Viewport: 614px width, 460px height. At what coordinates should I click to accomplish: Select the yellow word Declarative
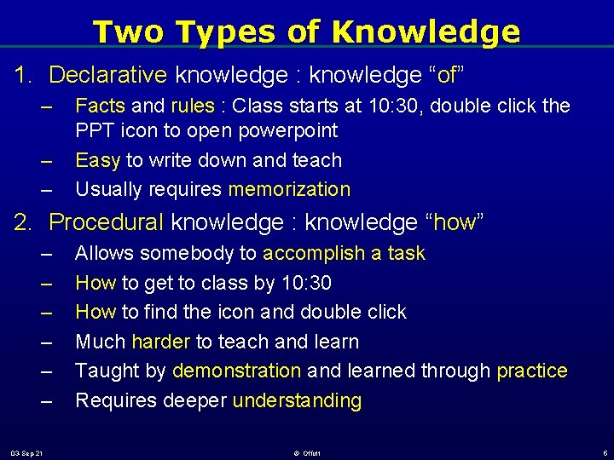point(107,75)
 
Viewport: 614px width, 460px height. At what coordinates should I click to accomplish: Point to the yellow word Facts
point(101,106)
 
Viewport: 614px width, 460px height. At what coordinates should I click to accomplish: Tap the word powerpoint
point(289,131)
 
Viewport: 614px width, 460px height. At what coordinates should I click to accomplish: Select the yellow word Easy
point(98,160)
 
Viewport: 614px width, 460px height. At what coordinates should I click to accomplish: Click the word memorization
point(289,189)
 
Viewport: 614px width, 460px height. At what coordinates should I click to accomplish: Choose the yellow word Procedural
point(107,223)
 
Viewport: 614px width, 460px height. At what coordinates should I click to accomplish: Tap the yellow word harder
point(161,342)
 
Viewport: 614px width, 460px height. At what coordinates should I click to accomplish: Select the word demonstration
point(236,371)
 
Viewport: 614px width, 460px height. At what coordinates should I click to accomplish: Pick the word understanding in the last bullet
point(297,400)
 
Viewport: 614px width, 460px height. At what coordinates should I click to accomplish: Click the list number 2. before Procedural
point(23,223)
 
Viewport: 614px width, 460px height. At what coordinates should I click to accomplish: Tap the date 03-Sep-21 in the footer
point(28,451)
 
